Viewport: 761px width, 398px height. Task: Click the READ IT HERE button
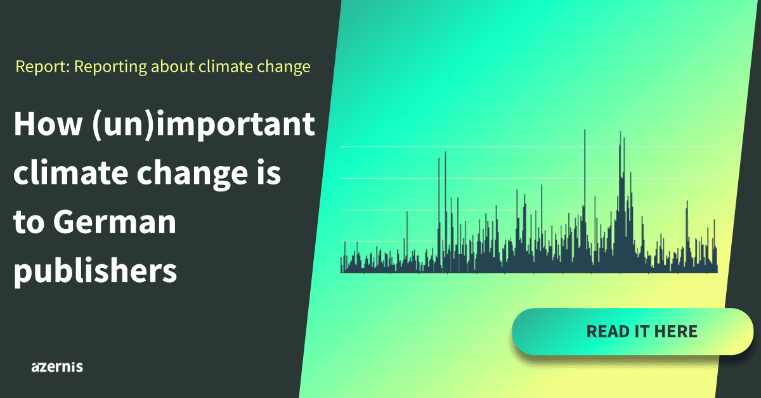633,331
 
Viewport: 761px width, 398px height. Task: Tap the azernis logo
57,367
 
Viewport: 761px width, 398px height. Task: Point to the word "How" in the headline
48,124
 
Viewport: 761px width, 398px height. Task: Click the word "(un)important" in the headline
204,124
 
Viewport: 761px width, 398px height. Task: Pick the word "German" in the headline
115,222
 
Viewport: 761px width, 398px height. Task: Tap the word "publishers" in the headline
95,271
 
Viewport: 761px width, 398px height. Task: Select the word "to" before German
29,223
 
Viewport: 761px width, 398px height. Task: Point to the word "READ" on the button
607,331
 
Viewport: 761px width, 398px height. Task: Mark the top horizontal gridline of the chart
529,146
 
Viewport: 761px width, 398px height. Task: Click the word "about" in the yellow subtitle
172,67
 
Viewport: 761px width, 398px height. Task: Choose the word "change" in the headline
192,174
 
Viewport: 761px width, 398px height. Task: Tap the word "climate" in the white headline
70,172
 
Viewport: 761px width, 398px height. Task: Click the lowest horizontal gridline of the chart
529,241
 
